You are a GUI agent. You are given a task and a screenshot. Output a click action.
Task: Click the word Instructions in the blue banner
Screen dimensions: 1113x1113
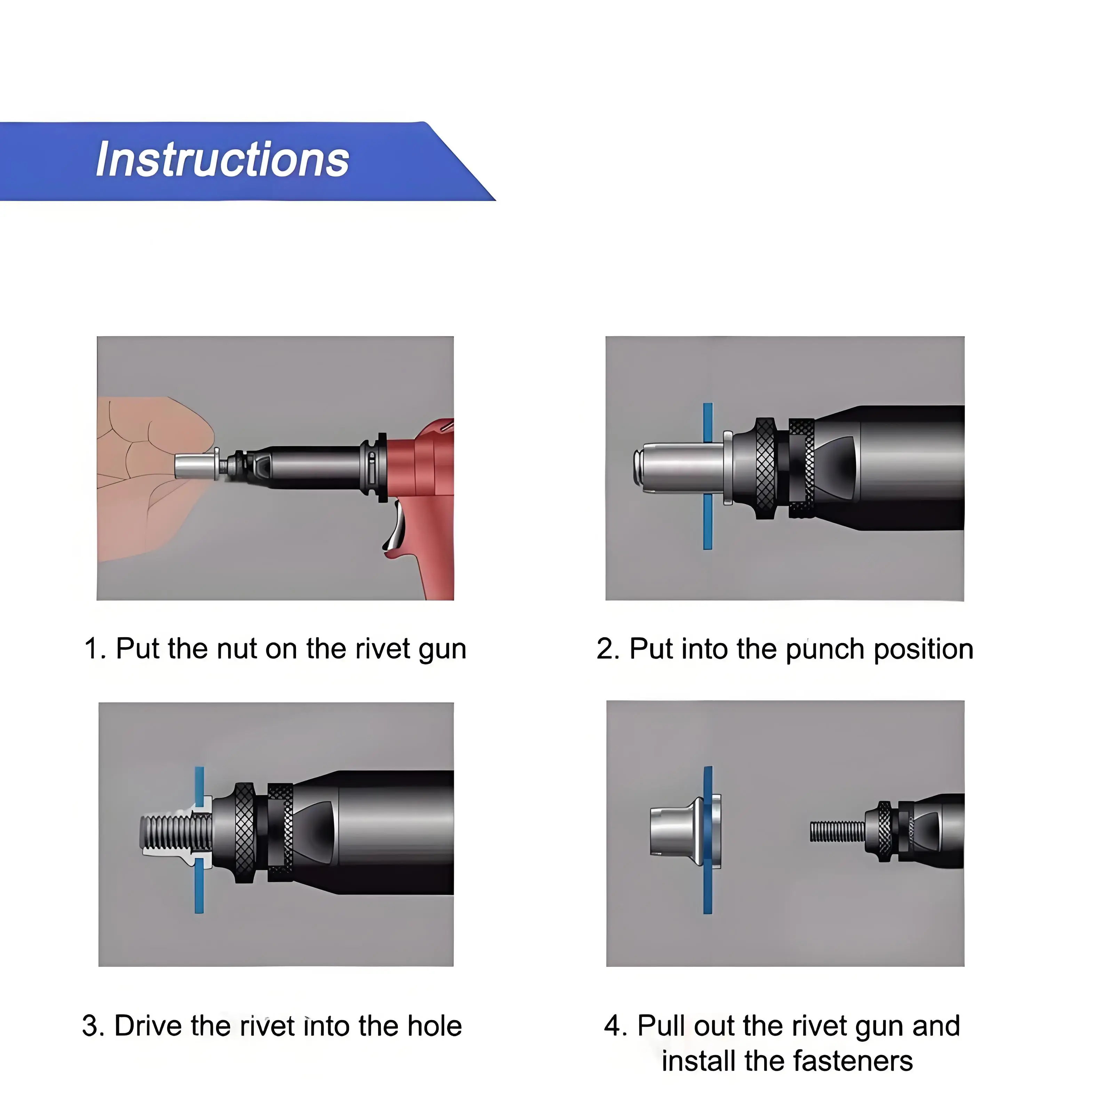(x=222, y=160)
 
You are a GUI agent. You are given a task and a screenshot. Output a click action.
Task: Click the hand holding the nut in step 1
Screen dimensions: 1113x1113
(x=153, y=478)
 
